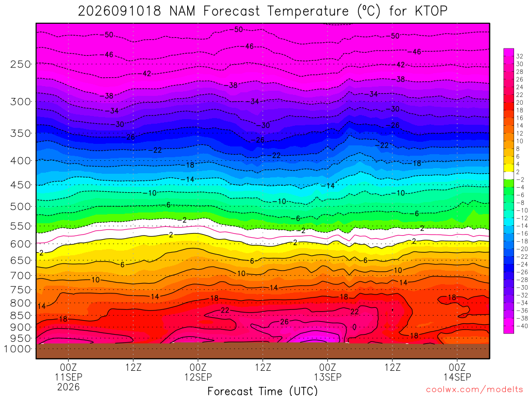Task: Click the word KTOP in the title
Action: pyautogui.click(x=431, y=11)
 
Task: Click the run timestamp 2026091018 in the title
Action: pyautogui.click(x=119, y=11)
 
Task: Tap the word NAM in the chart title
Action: pyautogui.click(x=182, y=11)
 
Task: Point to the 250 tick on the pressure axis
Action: pyautogui.click(x=21, y=64)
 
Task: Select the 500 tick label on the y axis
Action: pyautogui.click(x=21, y=206)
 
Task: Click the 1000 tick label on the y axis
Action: pyautogui.click(x=18, y=349)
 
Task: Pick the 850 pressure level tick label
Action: pyautogui.click(x=21, y=316)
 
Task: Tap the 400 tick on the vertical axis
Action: pyautogui.click(x=21, y=161)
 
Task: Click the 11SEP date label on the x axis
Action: pyautogui.click(x=69, y=377)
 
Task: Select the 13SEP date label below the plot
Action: pyautogui.click(x=327, y=377)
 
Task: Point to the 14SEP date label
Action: pyautogui.click(x=457, y=377)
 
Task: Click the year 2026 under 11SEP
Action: pyautogui.click(x=69, y=387)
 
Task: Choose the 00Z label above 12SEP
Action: pyautogui.click(x=198, y=367)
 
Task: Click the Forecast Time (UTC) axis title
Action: pyautogui.click(x=262, y=391)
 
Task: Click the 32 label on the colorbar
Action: pyautogui.click(x=520, y=56)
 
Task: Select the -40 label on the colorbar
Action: pyautogui.click(x=522, y=326)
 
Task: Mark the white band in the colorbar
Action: pyautogui.click(x=509, y=175)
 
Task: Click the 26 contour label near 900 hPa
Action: pyautogui.click(x=285, y=322)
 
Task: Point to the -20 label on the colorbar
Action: pyautogui.click(x=522, y=249)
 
